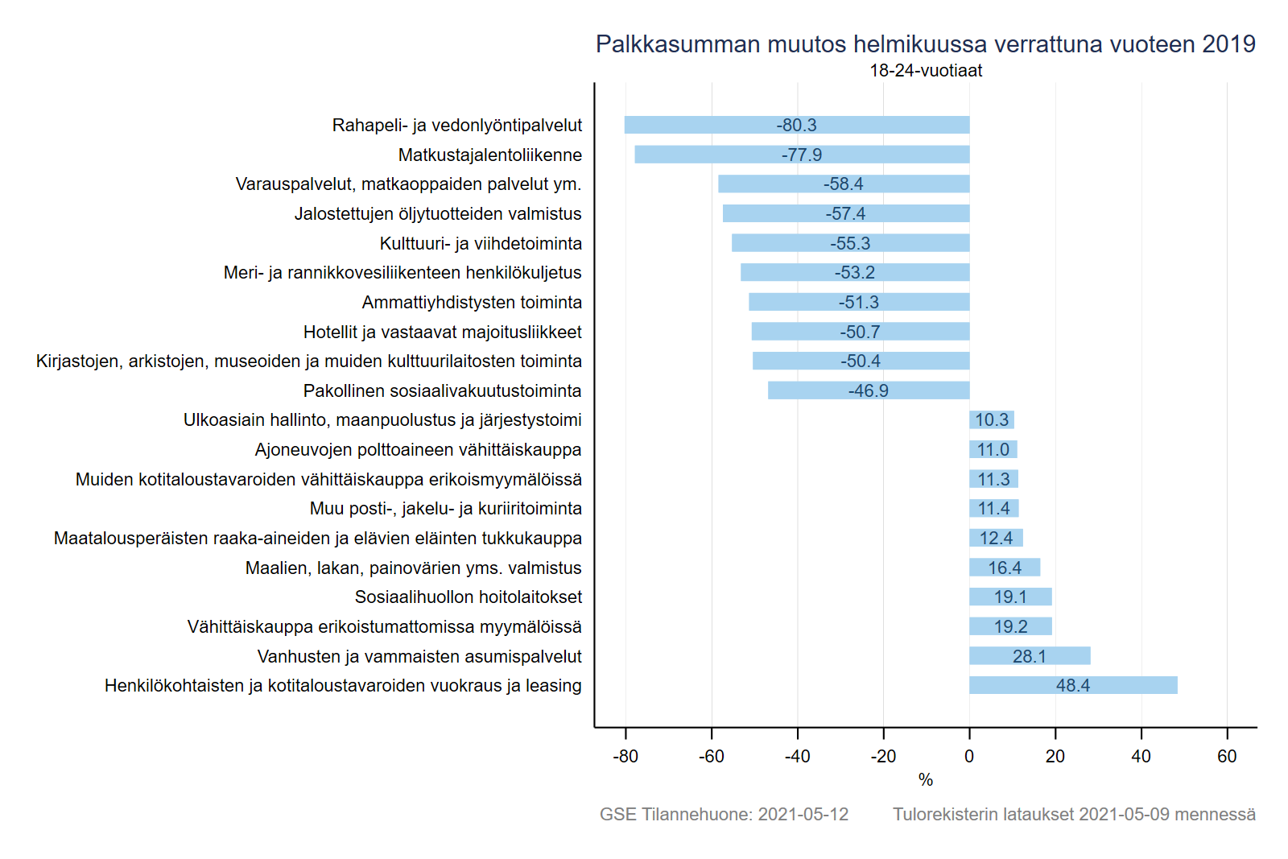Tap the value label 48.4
1072,686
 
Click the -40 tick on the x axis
797,757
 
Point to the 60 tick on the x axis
1227,757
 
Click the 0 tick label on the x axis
969,757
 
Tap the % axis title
926,780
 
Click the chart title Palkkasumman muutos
925,44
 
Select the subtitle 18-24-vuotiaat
926,71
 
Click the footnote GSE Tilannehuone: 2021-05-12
724,815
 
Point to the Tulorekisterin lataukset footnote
1074,815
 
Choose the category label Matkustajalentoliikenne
489,155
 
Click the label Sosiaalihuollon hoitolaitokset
468,597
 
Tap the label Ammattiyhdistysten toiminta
472,303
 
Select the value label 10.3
992,420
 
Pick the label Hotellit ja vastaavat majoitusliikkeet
442,332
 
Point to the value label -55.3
850,243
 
